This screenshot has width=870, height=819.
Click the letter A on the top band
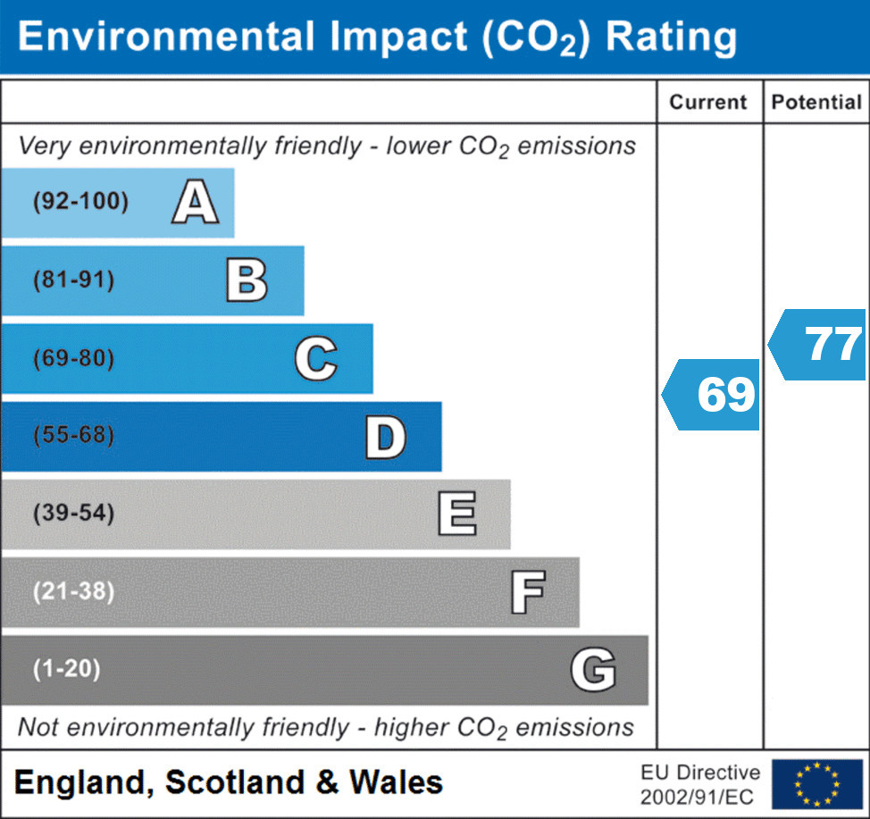(x=196, y=202)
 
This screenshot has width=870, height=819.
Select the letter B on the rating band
(x=247, y=280)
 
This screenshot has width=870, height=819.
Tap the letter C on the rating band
(x=315, y=359)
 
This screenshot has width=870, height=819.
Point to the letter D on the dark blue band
(x=385, y=437)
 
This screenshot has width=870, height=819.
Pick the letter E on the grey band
(x=456, y=514)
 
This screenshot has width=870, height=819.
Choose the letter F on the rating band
(x=527, y=592)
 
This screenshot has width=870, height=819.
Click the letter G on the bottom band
(x=593, y=670)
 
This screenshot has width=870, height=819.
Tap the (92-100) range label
(x=80, y=202)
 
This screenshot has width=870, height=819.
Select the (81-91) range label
(x=74, y=280)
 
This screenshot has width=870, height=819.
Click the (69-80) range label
(x=74, y=359)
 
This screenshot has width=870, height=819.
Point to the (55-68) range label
(x=74, y=437)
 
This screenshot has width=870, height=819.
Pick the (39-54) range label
(x=74, y=514)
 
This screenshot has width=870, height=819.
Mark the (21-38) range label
(x=74, y=592)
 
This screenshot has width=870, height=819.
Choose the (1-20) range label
(x=67, y=670)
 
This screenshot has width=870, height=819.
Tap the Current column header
(x=708, y=102)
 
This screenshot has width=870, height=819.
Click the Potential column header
(x=816, y=102)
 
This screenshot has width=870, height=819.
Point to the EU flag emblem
(x=816, y=783)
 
